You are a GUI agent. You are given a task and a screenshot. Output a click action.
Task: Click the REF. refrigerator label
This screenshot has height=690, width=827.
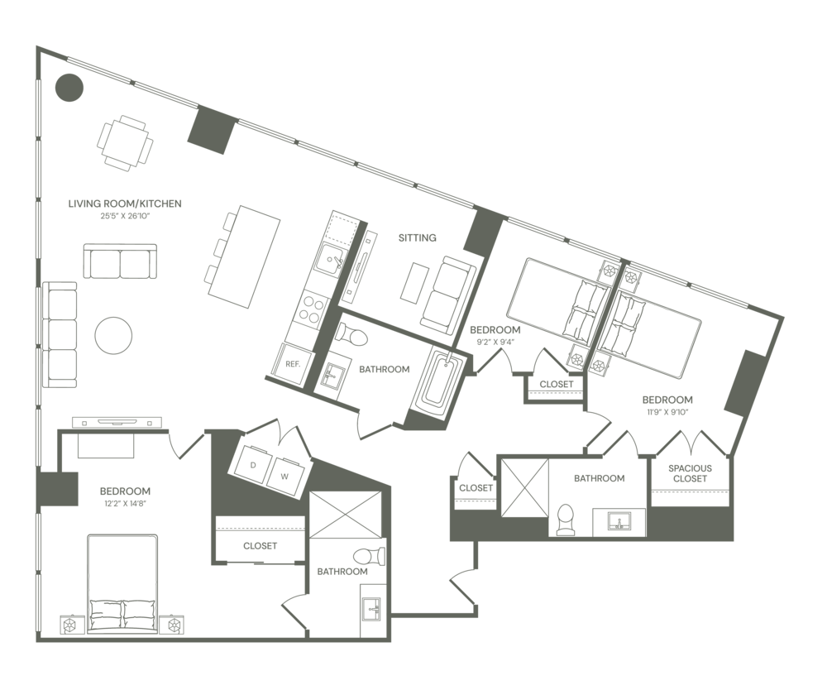point(291,362)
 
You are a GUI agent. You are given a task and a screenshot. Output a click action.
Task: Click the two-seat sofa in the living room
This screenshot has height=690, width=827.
point(121,263)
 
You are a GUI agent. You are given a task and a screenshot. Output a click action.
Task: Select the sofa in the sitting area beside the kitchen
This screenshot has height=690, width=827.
point(447,294)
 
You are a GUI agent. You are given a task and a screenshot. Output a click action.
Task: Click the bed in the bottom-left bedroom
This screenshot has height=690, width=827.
point(122,583)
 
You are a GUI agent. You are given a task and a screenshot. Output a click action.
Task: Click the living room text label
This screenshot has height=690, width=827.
point(124,203)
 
